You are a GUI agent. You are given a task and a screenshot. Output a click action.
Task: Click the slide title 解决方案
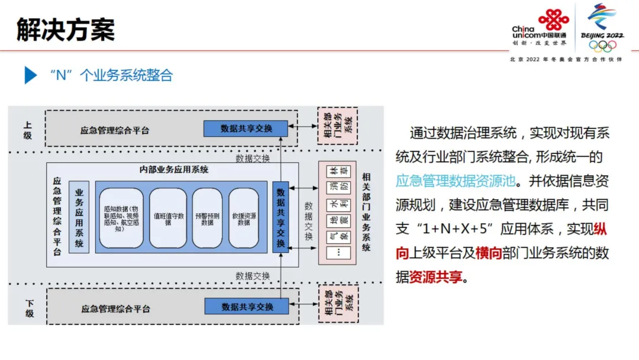(x=66, y=30)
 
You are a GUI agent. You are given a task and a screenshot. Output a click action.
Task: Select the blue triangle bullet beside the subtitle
(x=30, y=75)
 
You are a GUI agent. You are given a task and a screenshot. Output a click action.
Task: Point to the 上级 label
(x=28, y=130)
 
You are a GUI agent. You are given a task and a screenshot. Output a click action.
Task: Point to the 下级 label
(x=29, y=308)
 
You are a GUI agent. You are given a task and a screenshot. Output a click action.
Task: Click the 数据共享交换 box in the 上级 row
(x=246, y=128)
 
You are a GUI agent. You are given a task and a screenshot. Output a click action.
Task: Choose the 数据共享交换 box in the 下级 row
(x=247, y=307)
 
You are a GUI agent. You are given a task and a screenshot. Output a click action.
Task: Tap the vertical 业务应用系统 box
(x=79, y=217)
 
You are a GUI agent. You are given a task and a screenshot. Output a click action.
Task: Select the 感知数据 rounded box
(x=121, y=218)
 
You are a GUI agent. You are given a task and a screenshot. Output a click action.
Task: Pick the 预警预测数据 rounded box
(x=206, y=218)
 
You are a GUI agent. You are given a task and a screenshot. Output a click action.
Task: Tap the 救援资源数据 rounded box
(x=244, y=218)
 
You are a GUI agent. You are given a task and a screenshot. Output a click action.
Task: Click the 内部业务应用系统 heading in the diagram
(x=174, y=170)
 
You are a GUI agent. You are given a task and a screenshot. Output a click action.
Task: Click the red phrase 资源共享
(x=435, y=277)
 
